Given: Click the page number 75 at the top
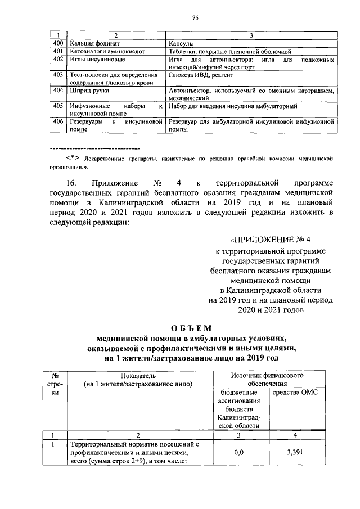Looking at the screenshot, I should point(195,19).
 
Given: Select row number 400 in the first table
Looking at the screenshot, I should point(57,43).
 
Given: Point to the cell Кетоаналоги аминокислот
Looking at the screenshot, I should point(106,51).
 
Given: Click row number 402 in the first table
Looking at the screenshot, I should point(57,59).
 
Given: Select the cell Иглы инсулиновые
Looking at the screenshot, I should point(96,59).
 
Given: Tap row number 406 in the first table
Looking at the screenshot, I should point(57,121).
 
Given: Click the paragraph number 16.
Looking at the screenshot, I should point(71,183).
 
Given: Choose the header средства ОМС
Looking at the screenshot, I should point(295,392).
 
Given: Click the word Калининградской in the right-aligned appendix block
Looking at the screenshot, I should point(275,290).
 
